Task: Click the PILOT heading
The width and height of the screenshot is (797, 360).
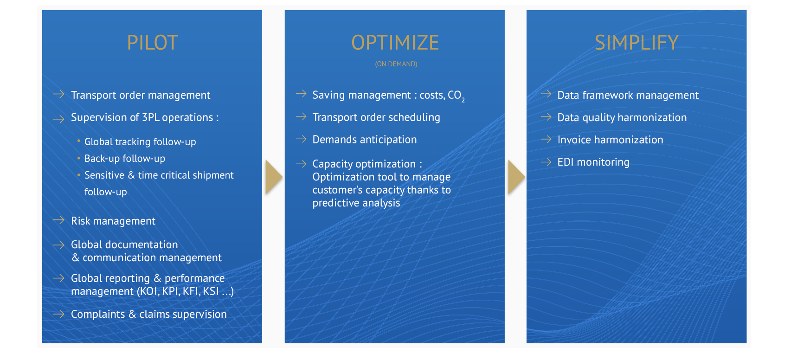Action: tap(153, 43)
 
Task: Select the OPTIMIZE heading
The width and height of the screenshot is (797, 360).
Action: tap(395, 43)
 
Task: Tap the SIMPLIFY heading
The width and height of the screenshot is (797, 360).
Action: tap(636, 43)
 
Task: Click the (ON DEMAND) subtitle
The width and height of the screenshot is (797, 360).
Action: tap(396, 64)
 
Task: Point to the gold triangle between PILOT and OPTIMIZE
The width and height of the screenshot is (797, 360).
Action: tap(274, 177)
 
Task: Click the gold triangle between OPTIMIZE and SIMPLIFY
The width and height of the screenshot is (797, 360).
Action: tap(516, 177)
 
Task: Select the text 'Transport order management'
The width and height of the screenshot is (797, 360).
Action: tap(141, 95)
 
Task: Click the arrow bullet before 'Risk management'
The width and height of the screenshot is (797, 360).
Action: tap(58, 220)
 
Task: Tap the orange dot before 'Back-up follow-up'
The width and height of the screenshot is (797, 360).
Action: tap(79, 158)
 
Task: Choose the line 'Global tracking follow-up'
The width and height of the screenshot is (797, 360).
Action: tap(140, 141)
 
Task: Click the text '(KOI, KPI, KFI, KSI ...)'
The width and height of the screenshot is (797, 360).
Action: tap(185, 291)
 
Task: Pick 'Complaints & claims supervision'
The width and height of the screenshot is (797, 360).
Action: tap(149, 314)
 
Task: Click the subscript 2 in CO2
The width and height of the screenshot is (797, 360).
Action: tap(463, 100)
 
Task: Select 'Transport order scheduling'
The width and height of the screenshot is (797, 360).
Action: tap(376, 117)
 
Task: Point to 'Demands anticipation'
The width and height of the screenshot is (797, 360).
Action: tap(365, 140)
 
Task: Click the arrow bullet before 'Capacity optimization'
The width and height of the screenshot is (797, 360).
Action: tap(301, 163)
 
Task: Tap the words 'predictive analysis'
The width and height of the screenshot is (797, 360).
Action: tap(356, 203)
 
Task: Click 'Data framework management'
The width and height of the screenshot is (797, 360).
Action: tap(628, 95)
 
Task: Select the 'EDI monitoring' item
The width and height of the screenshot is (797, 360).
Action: tap(593, 162)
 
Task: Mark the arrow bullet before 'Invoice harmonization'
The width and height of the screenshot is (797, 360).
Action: tap(546, 139)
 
